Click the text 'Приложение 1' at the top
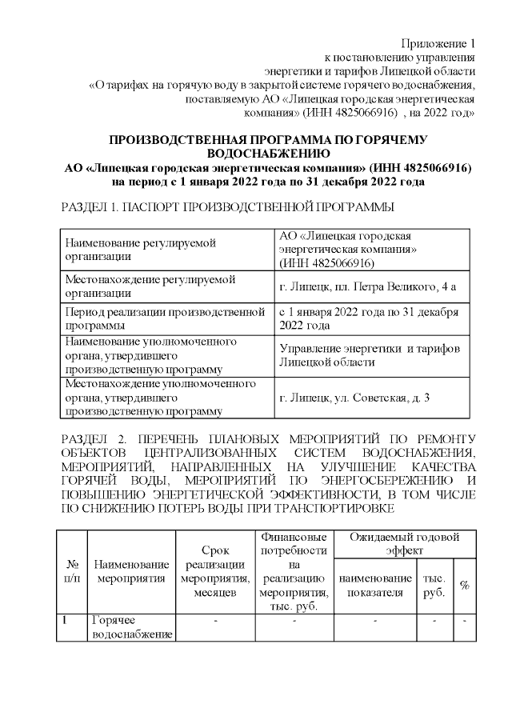tap(438, 42)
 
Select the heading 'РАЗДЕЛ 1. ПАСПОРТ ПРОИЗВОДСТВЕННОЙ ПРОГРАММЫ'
tap(227, 207)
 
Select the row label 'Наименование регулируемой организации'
tap(142, 249)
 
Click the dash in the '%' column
tap(464, 621)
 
